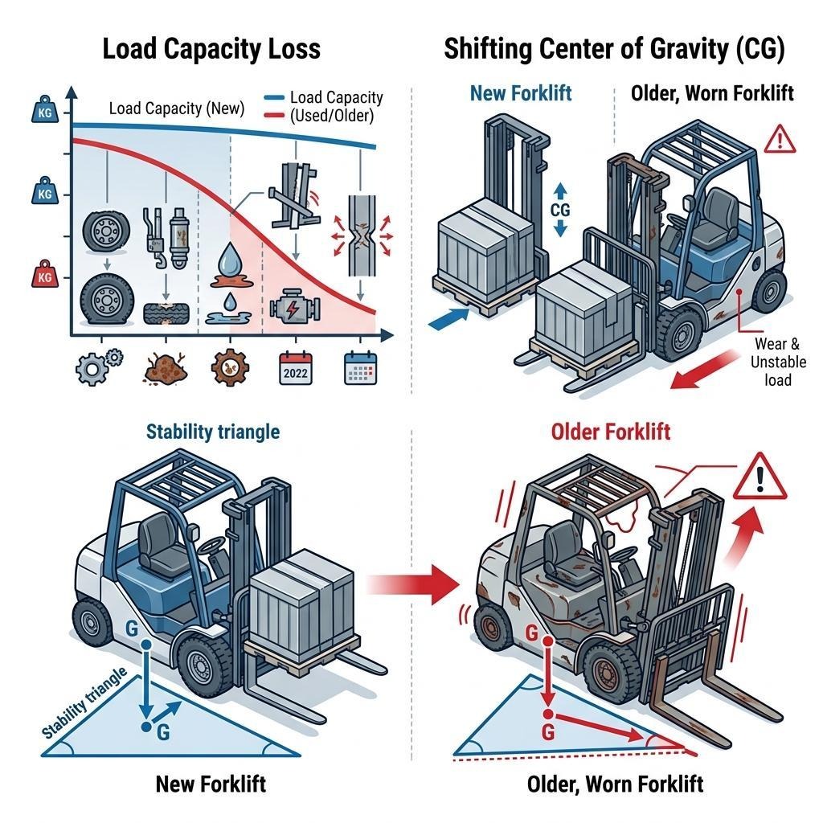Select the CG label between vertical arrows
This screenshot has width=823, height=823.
coord(560,208)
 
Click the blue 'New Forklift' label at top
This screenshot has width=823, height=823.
coord(520,93)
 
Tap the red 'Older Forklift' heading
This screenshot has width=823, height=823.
coord(611,432)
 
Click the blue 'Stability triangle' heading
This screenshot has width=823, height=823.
coord(213,432)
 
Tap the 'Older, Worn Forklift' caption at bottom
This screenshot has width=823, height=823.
coord(616,783)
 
